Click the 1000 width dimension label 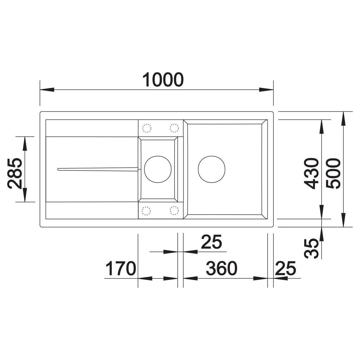tap(163, 80)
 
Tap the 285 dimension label tap(15, 173)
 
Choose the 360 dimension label tap(222, 268)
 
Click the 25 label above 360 tap(212, 242)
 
